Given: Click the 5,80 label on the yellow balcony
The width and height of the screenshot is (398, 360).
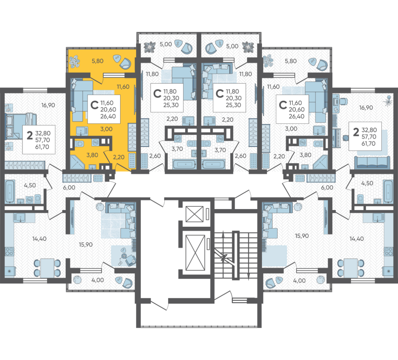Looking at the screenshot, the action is pyautogui.click(x=98, y=61).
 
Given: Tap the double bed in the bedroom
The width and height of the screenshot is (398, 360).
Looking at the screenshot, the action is pyautogui.click(x=20, y=126).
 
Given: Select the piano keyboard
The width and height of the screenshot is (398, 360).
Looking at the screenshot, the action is pyautogui.click(x=337, y=138).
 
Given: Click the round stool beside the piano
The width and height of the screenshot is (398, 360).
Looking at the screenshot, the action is pyautogui.click(x=345, y=138).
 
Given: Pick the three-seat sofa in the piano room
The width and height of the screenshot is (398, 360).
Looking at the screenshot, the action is pyautogui.click(x=372, y=162).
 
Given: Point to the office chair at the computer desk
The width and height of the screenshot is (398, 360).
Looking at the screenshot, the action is pyautogui.click(x=343, y=101).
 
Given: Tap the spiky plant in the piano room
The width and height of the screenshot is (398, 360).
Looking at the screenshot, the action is pyautogui.click(x=388, y=100).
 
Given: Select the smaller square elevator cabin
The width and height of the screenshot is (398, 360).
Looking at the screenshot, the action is pyautogui.click(x=195, y=214).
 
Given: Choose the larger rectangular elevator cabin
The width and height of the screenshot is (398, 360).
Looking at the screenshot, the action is pyautogui.click(x=195, y=253).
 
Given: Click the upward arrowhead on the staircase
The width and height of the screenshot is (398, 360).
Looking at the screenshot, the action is pyautogui.click(x=223, y=234).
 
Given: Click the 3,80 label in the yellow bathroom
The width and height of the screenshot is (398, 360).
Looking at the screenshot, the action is pyautogui.click(x=92, y=155).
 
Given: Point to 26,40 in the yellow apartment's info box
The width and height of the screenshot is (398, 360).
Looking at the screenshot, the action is pyautogui.click(x=108, y=117).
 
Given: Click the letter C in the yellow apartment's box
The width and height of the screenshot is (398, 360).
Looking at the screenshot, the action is pyautogui.click(x=94, y=105).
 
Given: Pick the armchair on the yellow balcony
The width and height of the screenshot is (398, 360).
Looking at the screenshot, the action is pyautogui.click(x=125, y=63).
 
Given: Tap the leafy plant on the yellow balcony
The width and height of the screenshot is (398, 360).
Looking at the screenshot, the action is pyautogui.click(x=75, y=62).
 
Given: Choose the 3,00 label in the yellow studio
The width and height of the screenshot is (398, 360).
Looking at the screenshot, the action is pyautogui.click(x=106, y=129).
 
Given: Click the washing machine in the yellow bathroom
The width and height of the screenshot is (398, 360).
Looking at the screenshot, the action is pyautogui.click(x=96, y=142).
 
